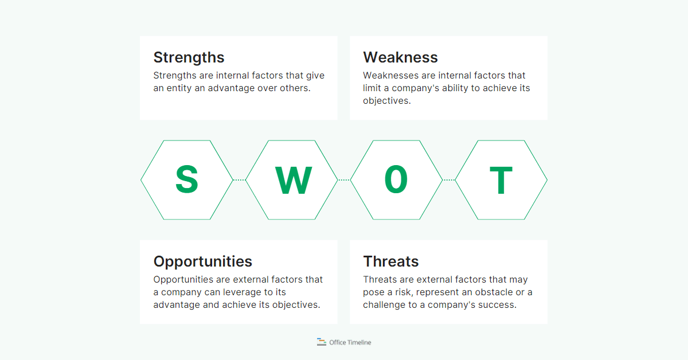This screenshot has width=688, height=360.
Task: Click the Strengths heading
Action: tap(189, 57)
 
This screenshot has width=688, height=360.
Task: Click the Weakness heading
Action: tap(400, 57)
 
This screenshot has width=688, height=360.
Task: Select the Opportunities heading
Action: tap(202, 261)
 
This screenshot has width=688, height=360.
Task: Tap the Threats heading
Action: tap(391, 261)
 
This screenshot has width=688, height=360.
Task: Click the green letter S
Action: tap(186, 180)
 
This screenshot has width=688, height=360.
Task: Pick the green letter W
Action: tap(292, 180)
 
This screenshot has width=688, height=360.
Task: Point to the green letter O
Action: tap(396, 180)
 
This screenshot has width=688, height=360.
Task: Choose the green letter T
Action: tap(501, 180)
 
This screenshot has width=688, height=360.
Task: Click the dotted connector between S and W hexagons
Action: tap(239, 180)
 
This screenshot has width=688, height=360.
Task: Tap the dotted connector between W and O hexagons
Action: tap(344, 180)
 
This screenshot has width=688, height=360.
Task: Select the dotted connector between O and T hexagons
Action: tap(449, 180)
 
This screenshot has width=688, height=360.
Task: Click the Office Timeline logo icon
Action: tap(322, 342)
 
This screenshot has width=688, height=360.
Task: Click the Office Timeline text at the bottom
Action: tap(350, 342)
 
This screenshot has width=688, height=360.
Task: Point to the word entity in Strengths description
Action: tap(180, 88)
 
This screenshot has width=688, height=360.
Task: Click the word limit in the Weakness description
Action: tap(371, 88)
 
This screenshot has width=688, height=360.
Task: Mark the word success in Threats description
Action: tap(499, 305)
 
